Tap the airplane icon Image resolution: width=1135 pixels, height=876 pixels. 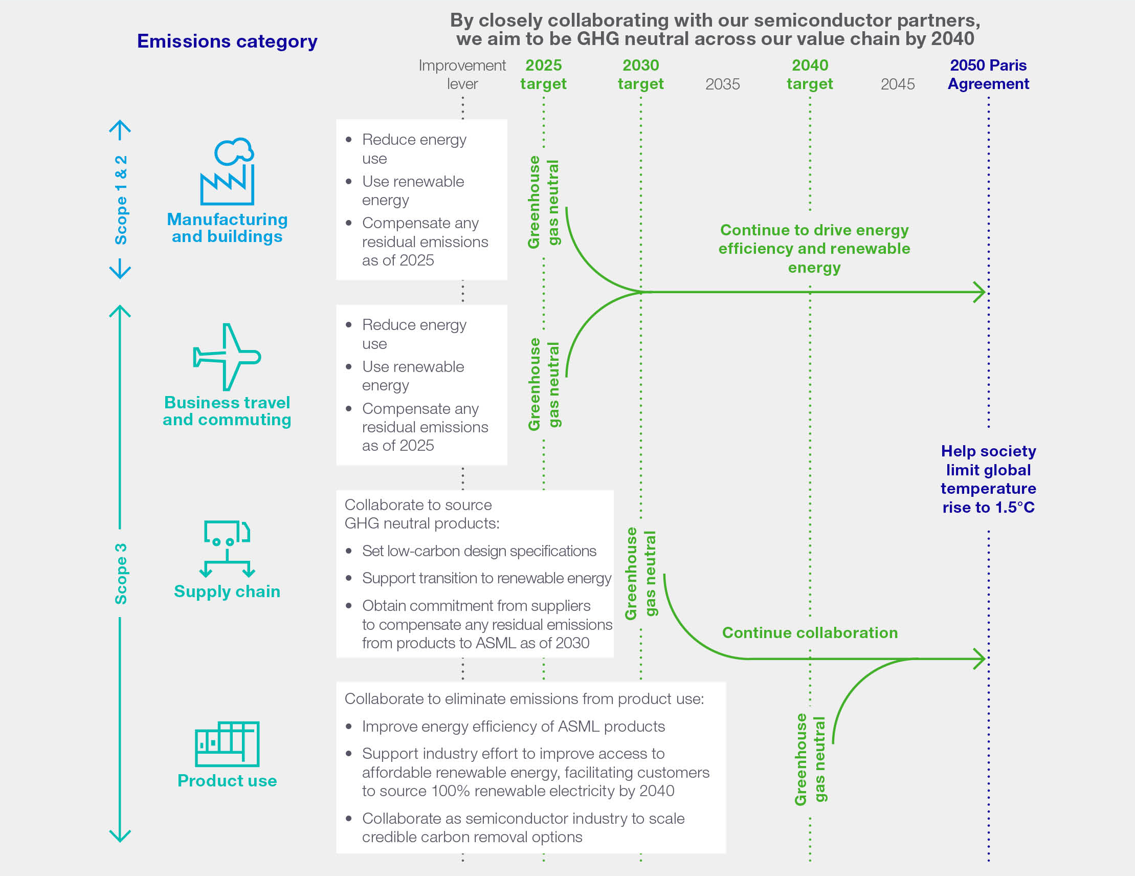coord(227,357)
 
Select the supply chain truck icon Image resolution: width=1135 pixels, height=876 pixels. coord(227,548)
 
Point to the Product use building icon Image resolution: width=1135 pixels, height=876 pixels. coord(227,743)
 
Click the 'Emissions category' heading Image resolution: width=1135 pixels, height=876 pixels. coord(227,41)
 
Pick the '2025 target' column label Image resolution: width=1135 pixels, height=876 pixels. coord(543,74)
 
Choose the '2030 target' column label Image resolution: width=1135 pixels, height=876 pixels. coord(640,74)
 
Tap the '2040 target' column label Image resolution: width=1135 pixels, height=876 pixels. coord(809,74)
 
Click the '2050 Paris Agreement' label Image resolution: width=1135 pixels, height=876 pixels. coord(988,74)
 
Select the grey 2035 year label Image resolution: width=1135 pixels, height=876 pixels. coord(722,84)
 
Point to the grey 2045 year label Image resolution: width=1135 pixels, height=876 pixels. coord(898,84)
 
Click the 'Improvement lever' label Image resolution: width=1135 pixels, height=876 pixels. coord(462,74)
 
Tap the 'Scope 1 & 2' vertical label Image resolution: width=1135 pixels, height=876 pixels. coord(121,200)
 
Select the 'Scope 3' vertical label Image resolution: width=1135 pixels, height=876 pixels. coord(121,574)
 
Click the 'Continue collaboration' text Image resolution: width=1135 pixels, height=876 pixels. coord(810,633)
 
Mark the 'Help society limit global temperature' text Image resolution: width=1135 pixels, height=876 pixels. coord(988,479)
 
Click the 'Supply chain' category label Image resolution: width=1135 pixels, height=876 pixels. coord(227,592)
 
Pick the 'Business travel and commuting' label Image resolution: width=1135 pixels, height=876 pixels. coord(227,411)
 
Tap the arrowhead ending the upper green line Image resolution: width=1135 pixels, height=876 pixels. coord(980,292)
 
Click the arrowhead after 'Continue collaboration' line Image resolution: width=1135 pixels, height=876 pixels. coord(980,659)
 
